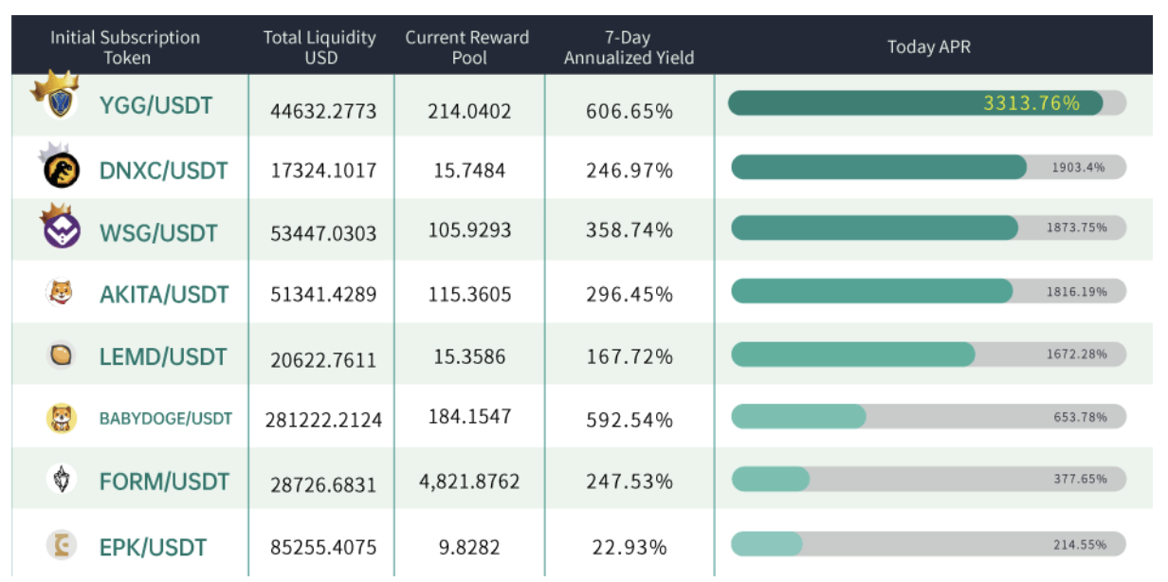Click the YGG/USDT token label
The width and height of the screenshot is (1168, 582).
(155, 106)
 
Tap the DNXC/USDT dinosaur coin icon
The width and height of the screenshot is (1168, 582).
(62, 170)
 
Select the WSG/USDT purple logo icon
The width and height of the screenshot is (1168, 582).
(62, 230)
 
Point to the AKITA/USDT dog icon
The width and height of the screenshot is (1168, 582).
(61, 292)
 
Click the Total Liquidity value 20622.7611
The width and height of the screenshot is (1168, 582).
(323, 360)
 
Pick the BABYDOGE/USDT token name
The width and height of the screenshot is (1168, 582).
(166, 419)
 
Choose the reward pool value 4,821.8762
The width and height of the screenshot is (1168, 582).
(469, 482)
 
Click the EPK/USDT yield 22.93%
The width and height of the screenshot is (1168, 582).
(630, 548)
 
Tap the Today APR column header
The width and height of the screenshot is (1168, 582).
(929, 47)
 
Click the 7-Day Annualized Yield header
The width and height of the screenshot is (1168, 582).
(629, 47)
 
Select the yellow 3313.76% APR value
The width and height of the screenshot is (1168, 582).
(1031, 103)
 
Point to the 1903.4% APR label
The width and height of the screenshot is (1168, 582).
(1078, 168)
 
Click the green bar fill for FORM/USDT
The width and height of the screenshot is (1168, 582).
(771, 479)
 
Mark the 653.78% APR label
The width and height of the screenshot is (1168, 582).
(1081, 417)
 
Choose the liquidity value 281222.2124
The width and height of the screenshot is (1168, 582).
(323, 420)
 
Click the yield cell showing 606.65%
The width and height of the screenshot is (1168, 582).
(630, 112)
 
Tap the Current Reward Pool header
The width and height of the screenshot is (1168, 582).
(467, 47)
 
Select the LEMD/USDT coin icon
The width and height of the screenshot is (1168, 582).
(61, 355)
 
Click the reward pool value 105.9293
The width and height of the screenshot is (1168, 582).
(469, 230)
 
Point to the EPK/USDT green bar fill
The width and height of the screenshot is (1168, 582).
(767, 544)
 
